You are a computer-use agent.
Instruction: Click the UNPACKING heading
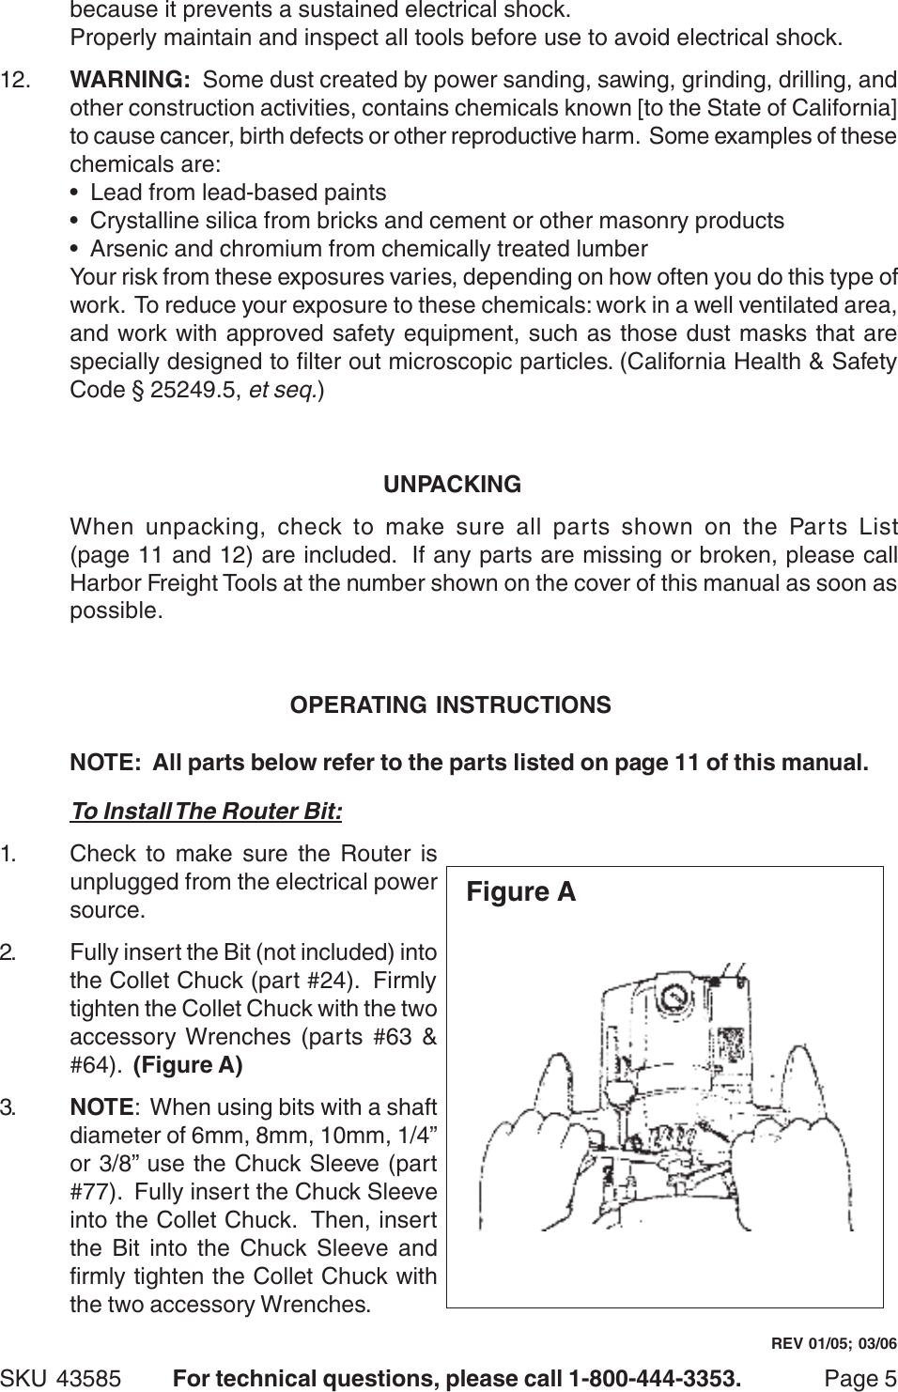point(452,485)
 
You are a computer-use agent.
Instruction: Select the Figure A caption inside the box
point(520,891)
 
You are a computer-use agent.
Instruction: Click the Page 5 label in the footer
point(859,1378)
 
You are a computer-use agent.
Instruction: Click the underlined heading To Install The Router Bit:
point(207,810)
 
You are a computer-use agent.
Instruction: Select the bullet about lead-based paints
point(238,193)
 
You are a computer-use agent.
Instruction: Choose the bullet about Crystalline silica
point(437,221)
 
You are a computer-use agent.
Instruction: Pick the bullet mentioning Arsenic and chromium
point(368,249)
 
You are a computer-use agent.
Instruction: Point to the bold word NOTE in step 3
point(101,1107)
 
